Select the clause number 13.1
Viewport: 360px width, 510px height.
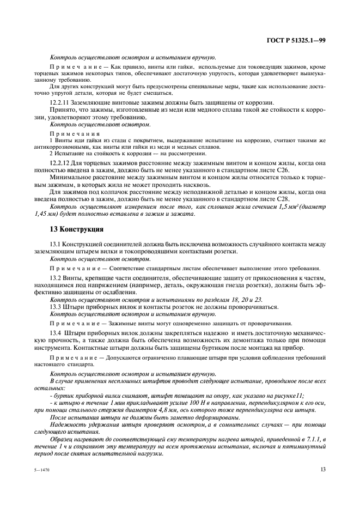point(56,245)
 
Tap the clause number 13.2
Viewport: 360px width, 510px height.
point(56,278)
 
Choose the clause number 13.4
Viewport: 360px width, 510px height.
point(56,332)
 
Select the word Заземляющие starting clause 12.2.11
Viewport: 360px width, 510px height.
point(94,103)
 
